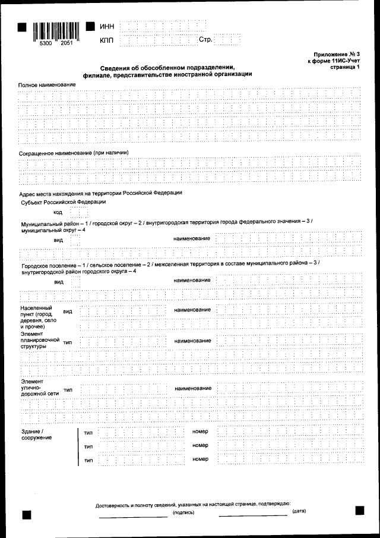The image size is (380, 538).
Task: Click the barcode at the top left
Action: pos(55,30)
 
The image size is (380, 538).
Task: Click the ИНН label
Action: pos(107,26)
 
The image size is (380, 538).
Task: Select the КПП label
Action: pos(107,41)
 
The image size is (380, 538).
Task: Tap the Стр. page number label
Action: pos(205,40)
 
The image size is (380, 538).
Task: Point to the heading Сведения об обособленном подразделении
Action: pos(167,67)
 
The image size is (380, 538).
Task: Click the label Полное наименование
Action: pos(47,85)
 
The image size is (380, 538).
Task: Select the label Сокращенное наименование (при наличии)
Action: pos(74,153)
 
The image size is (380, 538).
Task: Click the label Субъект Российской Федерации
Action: pos(64,202)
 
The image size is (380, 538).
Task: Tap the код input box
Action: pos(75,212)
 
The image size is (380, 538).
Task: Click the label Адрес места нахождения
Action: pos(100,193)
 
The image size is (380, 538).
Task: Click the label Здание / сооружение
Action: pos(36,433)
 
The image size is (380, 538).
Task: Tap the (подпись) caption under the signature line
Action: pos(183,512)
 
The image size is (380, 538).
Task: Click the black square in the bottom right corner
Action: pos(359,510)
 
